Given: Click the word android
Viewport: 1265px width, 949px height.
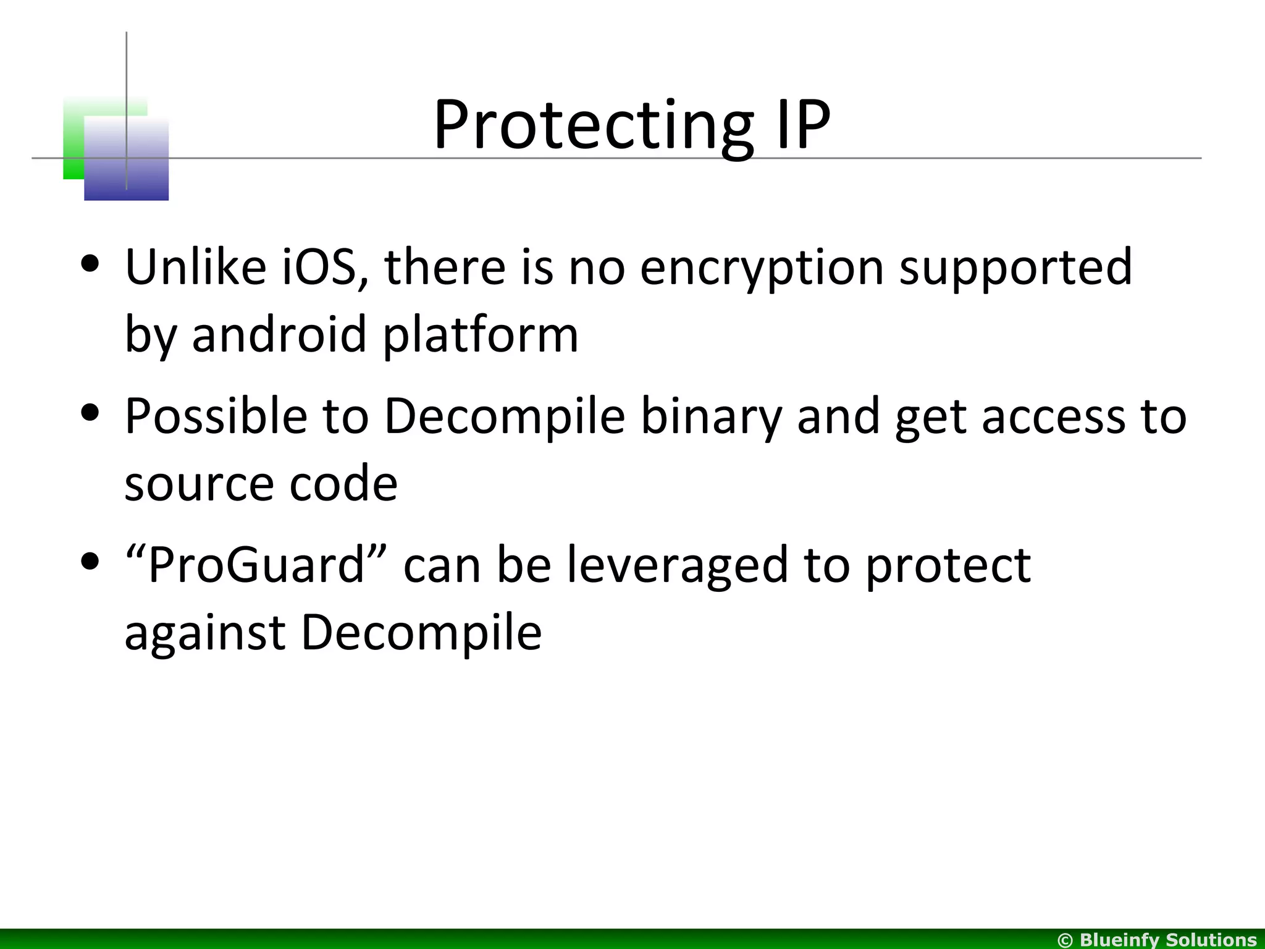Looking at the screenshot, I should (x=279, y=334).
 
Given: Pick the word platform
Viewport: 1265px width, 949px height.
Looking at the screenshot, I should (x=481, y=335).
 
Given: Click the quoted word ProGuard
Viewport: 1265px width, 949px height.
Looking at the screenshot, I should (x=255, y=565).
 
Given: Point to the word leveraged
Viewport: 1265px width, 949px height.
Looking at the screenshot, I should (x=678, y=566).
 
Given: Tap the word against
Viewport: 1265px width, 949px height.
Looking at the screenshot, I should (x=204, y=633).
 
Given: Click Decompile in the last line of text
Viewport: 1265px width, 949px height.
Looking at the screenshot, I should (x=421, y=633).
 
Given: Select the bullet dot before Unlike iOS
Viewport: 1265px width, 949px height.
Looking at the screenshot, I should (x=91, y=264).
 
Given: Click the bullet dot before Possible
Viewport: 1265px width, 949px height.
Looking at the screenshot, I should (x=91, y=413).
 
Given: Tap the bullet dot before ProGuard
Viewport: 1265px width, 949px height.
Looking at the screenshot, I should (x=91, y=562).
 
